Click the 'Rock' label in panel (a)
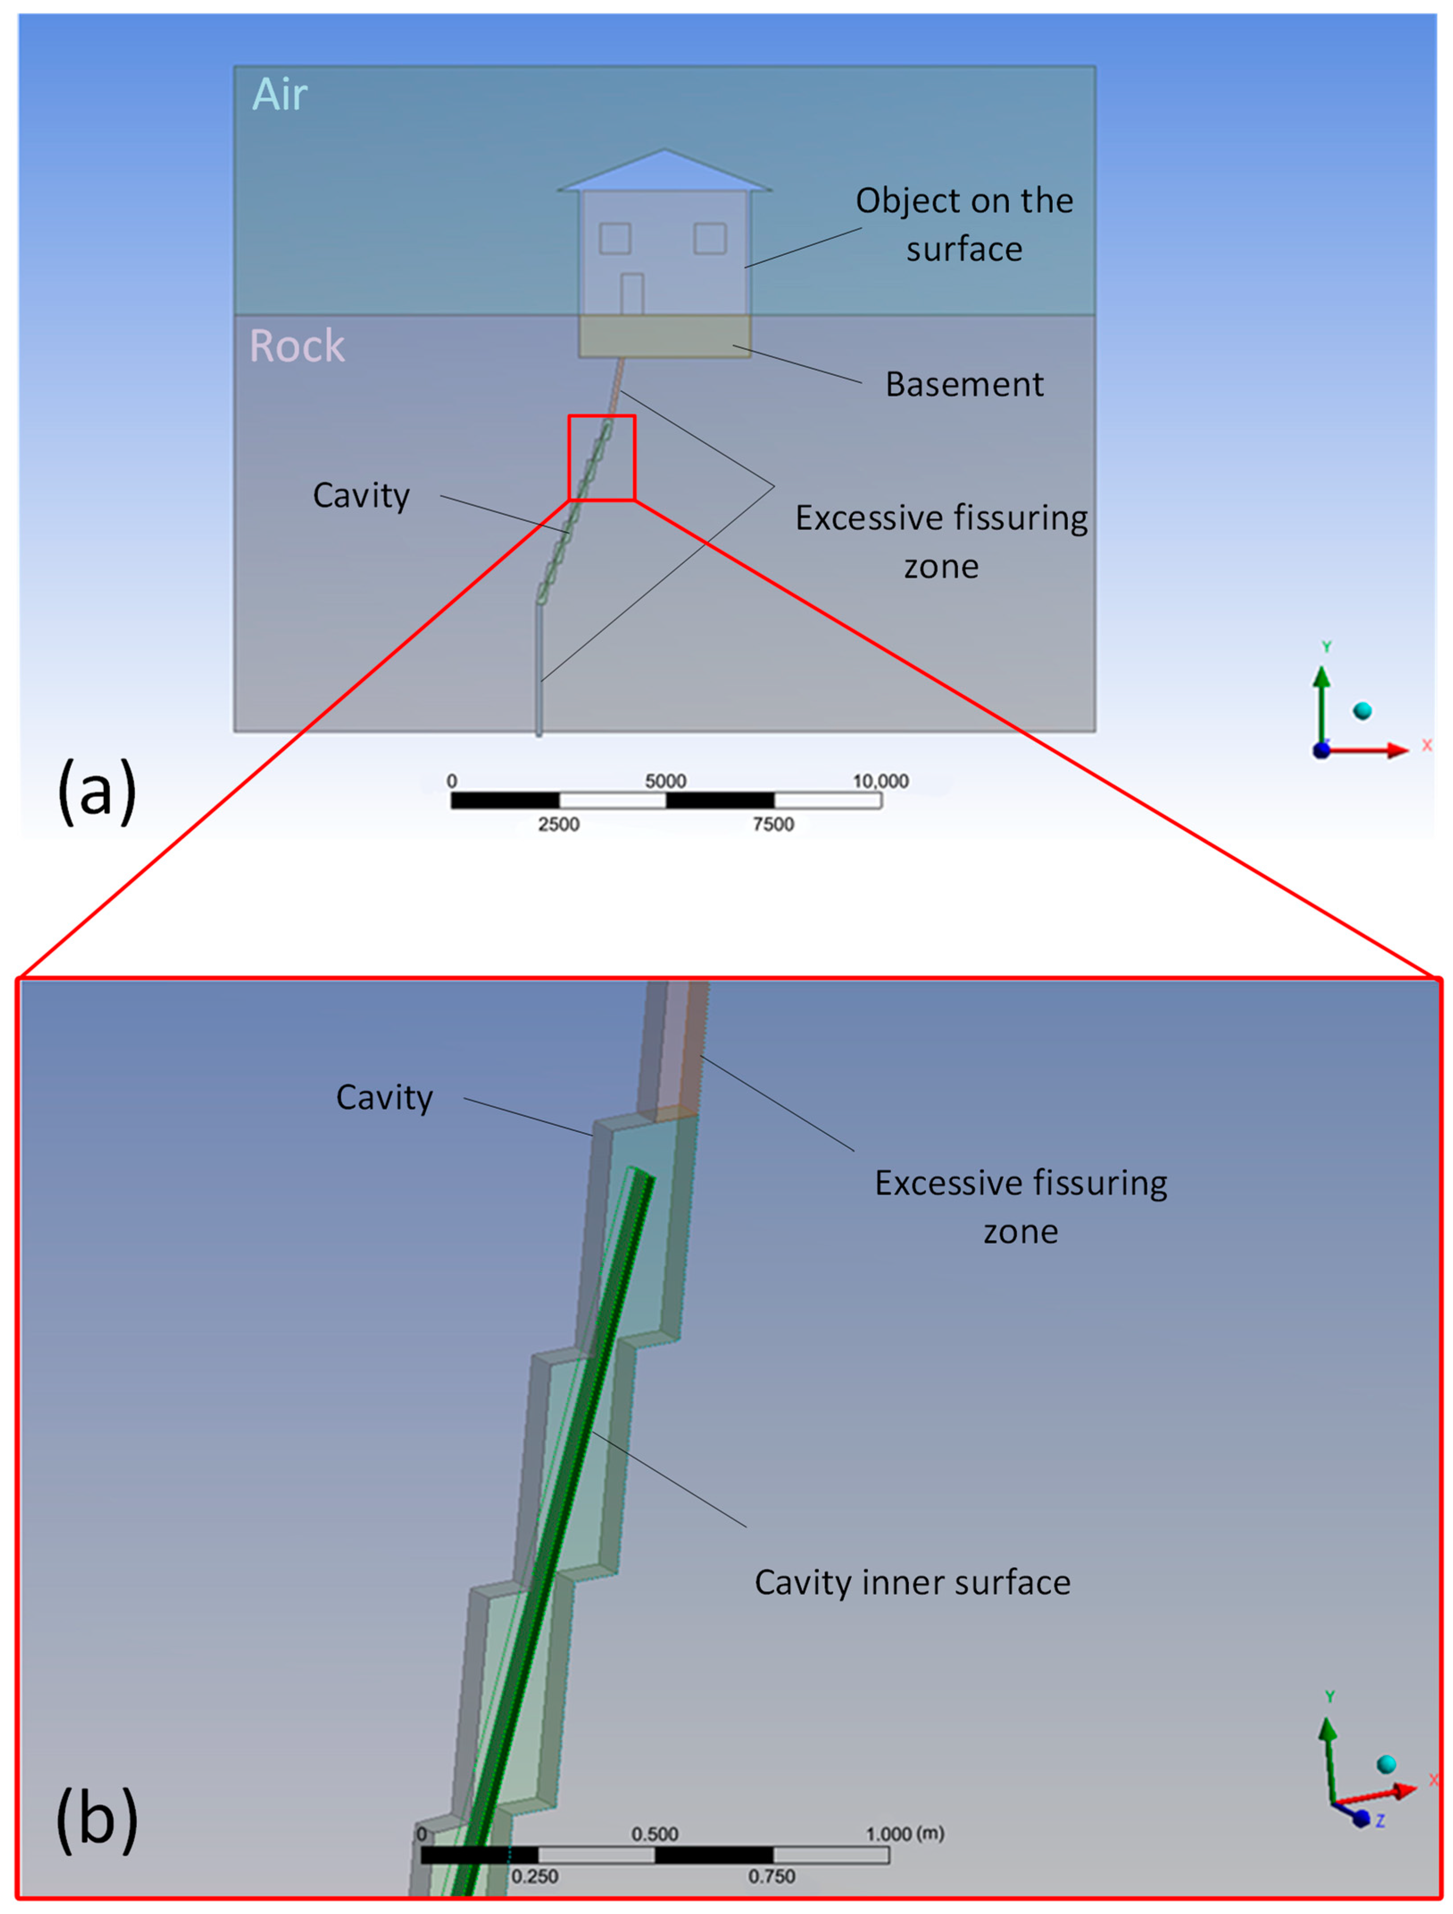pos(297,346)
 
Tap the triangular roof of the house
pos(664,171)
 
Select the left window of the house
pos(615,238)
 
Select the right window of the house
pos(710,238)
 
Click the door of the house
pos(632,294)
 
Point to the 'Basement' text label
pos(964,384)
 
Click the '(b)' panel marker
pos(97,1818)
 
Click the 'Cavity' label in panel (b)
pos(384,1097)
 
